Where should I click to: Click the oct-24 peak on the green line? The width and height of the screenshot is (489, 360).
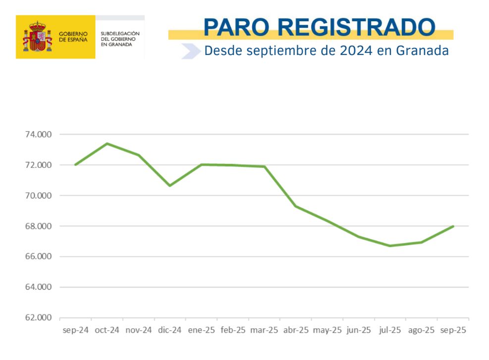tap(107, 144)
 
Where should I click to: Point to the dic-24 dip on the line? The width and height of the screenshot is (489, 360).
tap(170, 186)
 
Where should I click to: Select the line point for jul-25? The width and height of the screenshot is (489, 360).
tap(390, 246)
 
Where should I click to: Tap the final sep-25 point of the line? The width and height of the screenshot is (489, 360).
tap(453, 226)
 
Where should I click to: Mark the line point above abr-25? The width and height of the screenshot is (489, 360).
tap(296, 206)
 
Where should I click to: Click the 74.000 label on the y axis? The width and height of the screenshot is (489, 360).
tap(38, 134)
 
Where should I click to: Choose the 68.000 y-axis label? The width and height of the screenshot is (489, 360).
tap(38, 226)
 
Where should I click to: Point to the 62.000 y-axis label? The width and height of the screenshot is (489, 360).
tap(38, 318)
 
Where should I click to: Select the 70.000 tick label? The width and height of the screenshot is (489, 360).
tap(38, 196)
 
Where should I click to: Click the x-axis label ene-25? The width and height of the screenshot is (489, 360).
tap(202, 330)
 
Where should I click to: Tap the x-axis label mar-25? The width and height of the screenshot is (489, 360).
tap(265, 330)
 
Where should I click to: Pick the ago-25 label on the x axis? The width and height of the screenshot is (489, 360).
tap(422, 330)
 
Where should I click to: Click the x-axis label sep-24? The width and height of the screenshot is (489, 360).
tap(75, 330)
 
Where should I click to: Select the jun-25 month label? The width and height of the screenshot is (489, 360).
tap(359, 330)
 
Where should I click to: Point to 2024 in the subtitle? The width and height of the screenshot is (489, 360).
tap(354, 51)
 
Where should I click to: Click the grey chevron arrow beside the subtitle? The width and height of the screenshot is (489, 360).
tap(190, 51)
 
